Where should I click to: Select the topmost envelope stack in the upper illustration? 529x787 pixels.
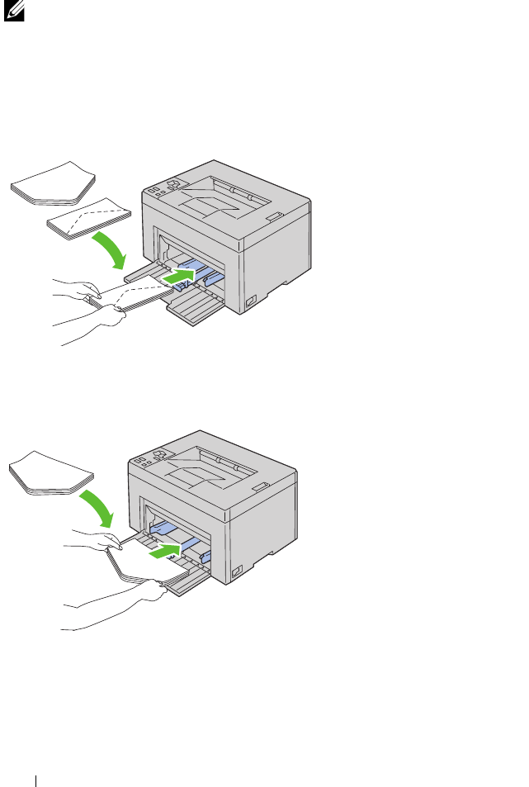53,183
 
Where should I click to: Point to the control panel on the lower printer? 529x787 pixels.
151,458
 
